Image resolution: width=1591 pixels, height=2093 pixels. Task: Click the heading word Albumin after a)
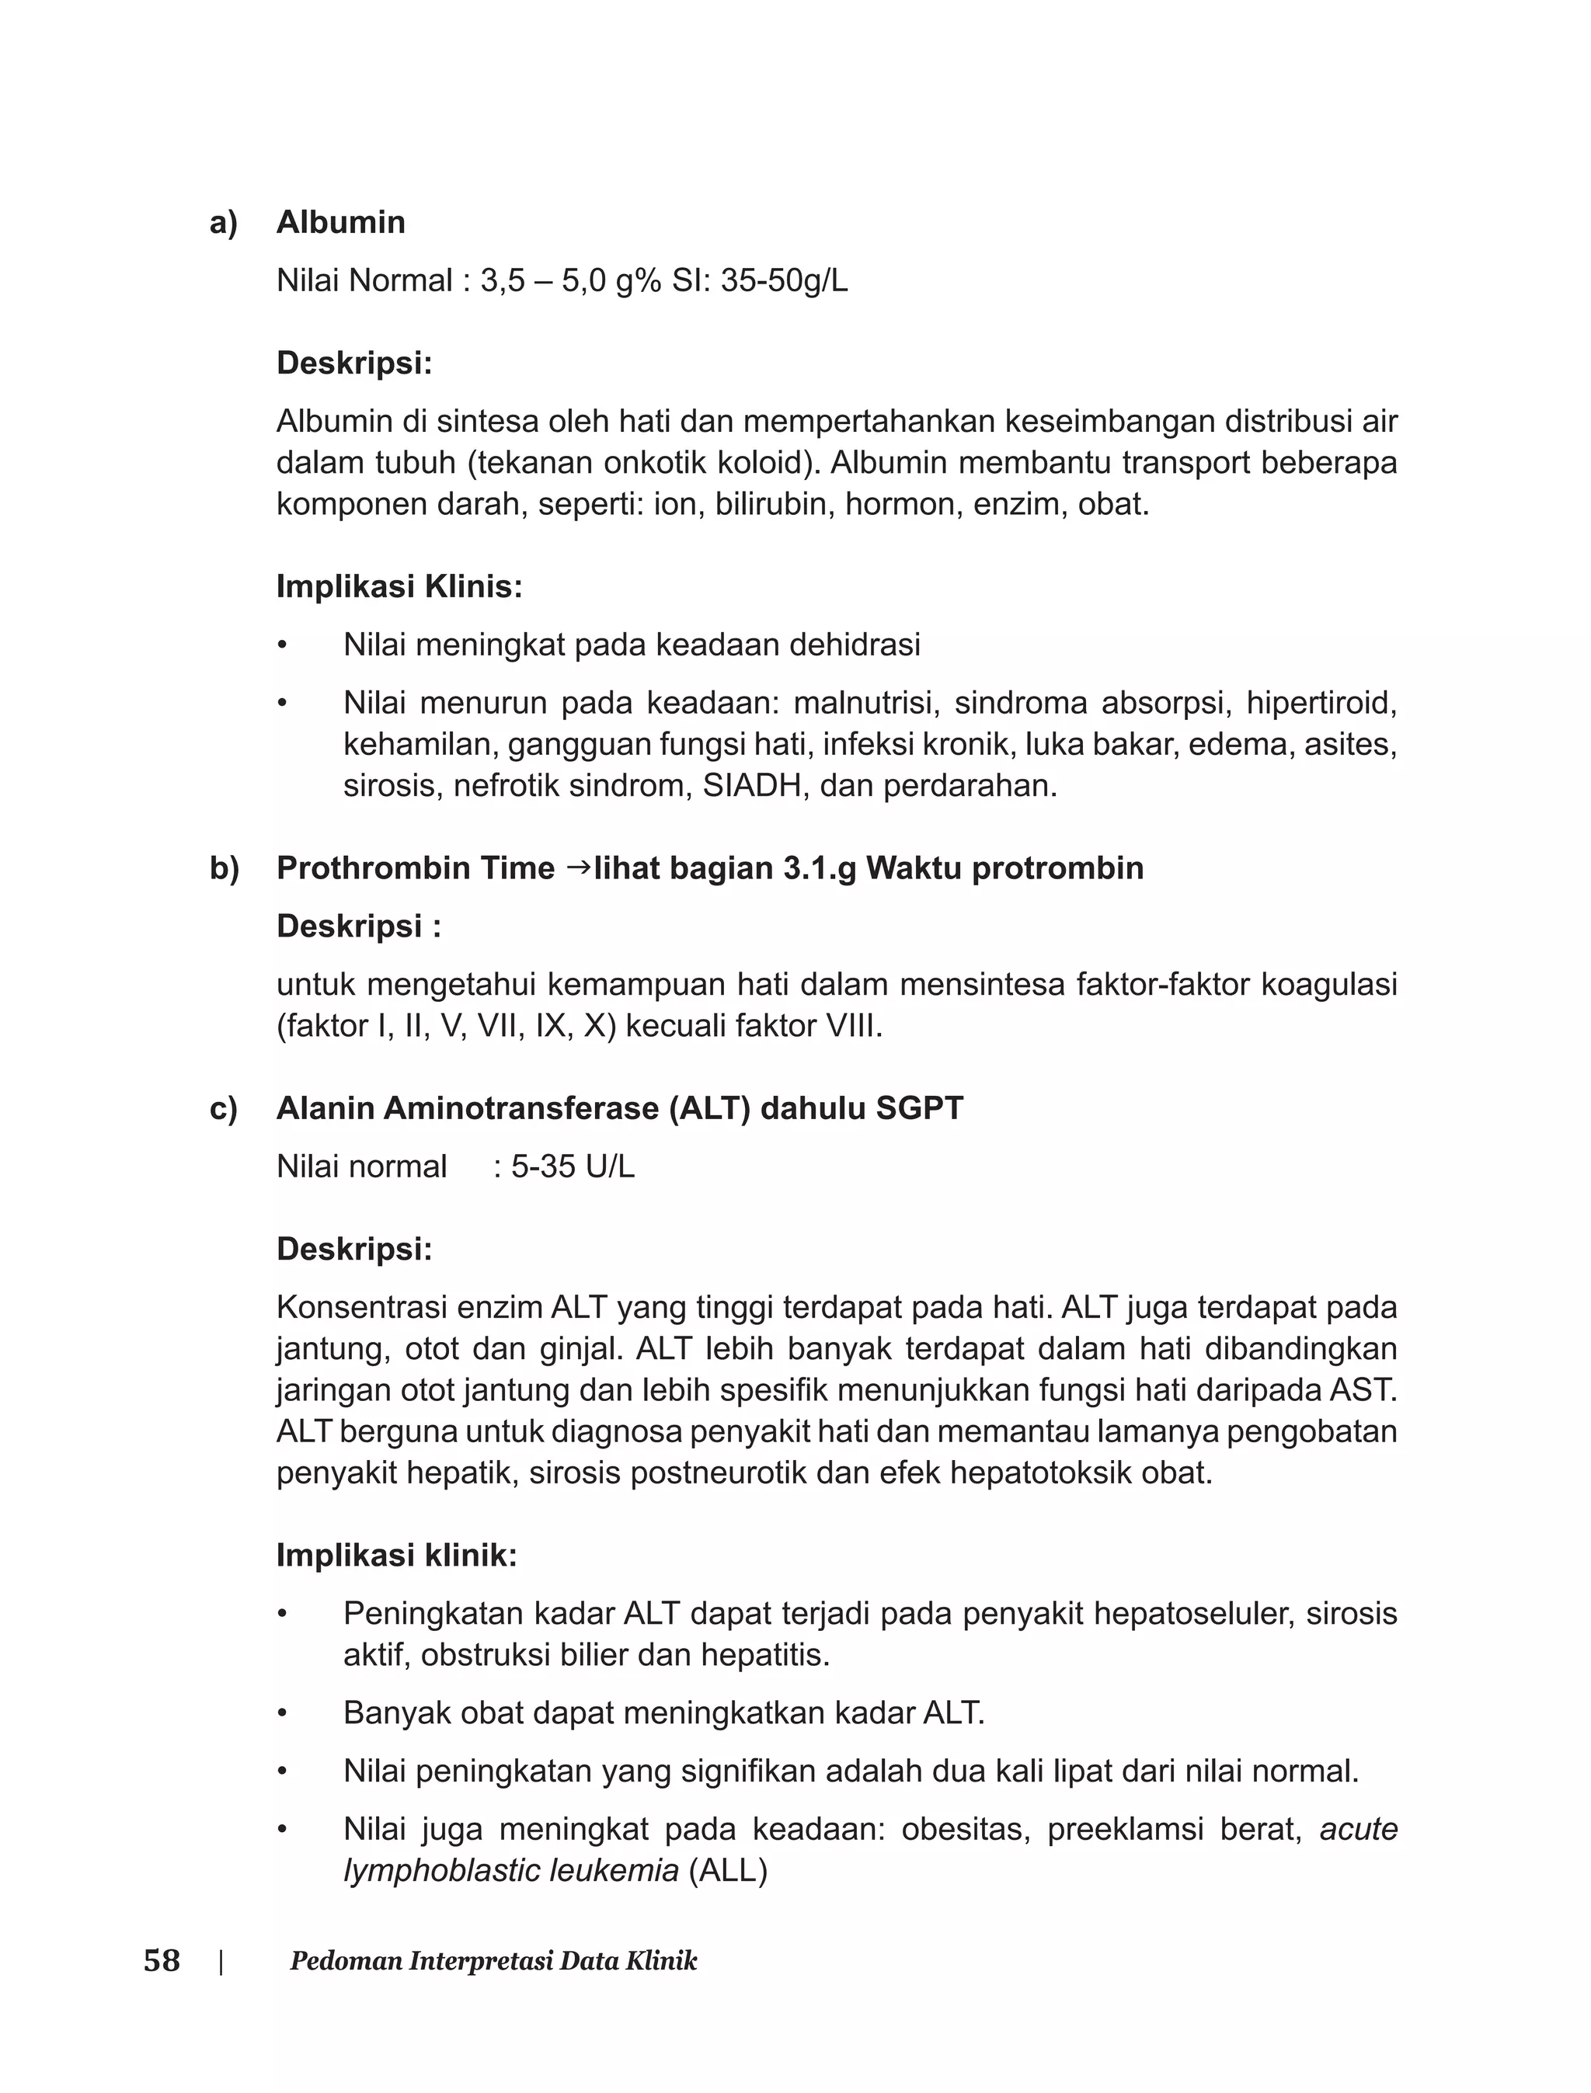pyautogui.click(x=340, y=221)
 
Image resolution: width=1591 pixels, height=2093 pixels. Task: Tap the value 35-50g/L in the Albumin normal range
pyautogui.click(x=783, y=281)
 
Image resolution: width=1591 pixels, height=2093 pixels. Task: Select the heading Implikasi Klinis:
pyautogui.click(x=399, y=587)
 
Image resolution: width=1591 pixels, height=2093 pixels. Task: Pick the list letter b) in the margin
pyautogui.click(x=224, y=868)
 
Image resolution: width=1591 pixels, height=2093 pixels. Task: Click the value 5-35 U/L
pyautogui.click(x=573, y=1166)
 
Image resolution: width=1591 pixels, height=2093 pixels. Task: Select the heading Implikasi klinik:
pyautogui.click(x=396, y=1556)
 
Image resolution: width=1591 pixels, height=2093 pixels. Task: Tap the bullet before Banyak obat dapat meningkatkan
pyautogui.click(x=281, y=1713)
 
